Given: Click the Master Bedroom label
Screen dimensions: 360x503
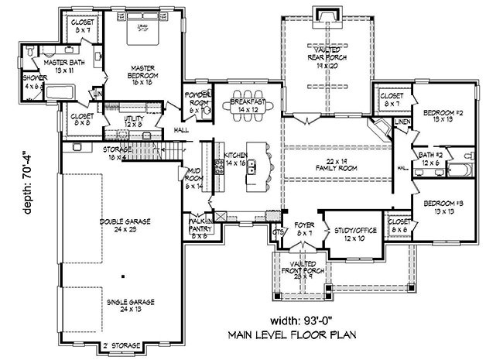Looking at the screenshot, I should (143, 72).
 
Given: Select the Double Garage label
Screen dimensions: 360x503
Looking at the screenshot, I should (124, 225).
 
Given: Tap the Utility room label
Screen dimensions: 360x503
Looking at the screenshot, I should (135, 121).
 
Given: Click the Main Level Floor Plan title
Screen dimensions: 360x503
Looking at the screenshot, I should (290, 335).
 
